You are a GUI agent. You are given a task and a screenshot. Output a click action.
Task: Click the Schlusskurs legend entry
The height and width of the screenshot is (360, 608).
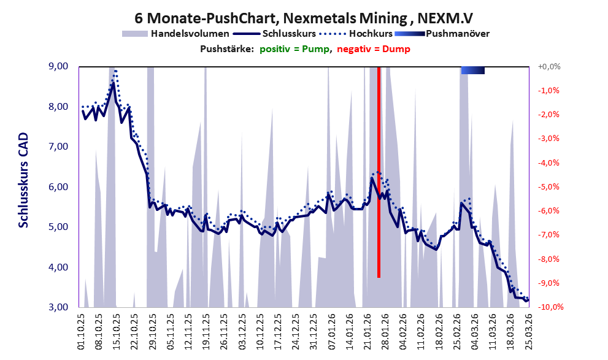tap(288, 33)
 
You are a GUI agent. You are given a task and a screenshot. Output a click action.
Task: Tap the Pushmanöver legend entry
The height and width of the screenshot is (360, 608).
tap(456, 33)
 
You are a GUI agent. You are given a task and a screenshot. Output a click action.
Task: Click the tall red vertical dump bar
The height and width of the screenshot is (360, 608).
tap(379, 172)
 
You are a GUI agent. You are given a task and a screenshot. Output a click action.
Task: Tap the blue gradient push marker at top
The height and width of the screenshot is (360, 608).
tap(472, 71)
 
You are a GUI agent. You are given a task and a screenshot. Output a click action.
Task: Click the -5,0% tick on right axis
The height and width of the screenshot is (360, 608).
tap(550, 187)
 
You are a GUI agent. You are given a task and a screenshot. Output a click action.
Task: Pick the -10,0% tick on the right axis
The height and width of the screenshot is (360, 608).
tap(550, 307)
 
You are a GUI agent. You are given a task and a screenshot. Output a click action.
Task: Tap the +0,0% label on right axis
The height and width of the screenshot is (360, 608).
tap(550, 66)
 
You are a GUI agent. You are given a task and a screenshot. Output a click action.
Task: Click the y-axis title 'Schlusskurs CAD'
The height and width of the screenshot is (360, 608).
tap(23, 186)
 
